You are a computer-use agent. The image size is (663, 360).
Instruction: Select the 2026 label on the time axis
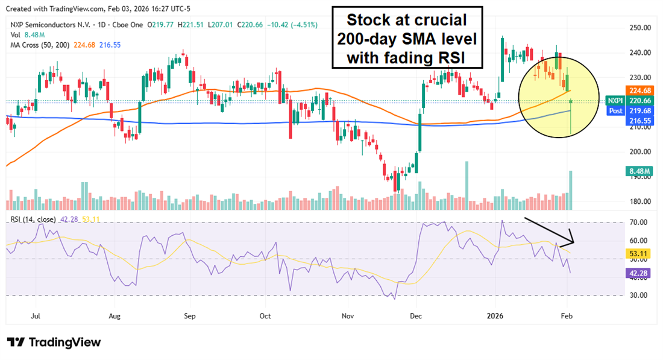(495, 315)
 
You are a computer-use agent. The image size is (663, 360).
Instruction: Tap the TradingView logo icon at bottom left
(16, 343)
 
